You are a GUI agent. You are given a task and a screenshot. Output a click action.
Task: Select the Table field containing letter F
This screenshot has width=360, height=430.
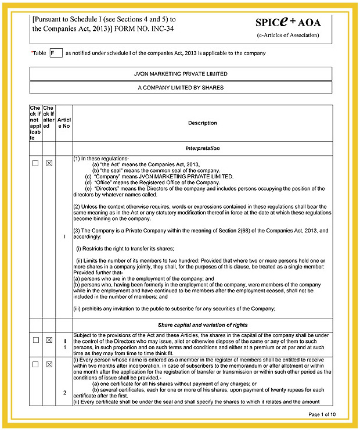pyautogui.click(x=56, y=53)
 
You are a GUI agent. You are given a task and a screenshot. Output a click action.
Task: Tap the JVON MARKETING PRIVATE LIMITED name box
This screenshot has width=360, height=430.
pyautogui.click(x=181, y=74)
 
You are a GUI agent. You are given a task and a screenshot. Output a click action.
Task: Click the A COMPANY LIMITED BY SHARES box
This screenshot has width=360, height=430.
pyautogui.click(x=181, y=88)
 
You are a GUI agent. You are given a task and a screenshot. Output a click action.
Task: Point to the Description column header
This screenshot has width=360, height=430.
pyautogui.click(x=203, y=123)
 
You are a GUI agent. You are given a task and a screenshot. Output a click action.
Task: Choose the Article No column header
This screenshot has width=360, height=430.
pyautogui.click(x=64, y=123)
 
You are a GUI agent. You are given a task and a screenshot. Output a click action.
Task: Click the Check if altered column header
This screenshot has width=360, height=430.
pyautogui.click(x=49, y=123)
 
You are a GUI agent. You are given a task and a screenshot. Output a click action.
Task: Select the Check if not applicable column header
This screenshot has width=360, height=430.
pyautogui.click(x=36, y=123)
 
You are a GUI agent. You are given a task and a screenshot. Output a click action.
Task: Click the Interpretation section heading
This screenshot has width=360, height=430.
pyautogui.click(x=203, y=148)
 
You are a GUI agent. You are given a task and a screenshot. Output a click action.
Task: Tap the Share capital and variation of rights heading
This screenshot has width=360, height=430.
pyautogui.click(x=203, y=325)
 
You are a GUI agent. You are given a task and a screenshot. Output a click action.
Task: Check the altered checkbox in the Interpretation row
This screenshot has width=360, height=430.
pyautogui.click(x=49, y=164)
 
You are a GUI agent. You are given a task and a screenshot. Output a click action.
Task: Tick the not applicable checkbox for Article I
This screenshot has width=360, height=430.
pyautogui.click(x=35, y=164)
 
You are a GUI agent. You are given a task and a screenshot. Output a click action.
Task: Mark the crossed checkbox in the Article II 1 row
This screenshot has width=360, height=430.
pyautogui.click(x=49, y=340)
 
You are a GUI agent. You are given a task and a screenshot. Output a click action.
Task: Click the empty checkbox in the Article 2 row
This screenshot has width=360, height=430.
pyautogui.click(x=35, y=364)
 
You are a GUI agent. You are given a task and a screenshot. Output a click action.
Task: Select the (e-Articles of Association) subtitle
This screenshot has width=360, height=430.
pyautogui.click(x=287, y=35)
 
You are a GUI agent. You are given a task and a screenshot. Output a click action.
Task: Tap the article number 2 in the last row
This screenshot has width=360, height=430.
pyautogui.click(x=64, y=392)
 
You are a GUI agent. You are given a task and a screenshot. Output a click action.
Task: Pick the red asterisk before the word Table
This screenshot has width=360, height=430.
pyautogui.click(x=32, y=52)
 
